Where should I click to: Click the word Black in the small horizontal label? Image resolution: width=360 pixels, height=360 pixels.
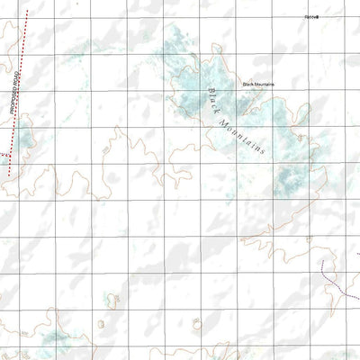[247, 85]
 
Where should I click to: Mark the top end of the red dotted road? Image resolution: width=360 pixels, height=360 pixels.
[27, 11]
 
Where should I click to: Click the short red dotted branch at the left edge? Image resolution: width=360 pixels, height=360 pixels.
[4, 155]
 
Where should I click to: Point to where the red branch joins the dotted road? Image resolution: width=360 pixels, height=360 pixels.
[10, 154]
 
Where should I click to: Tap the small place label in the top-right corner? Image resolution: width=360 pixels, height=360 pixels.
[311, 16]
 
